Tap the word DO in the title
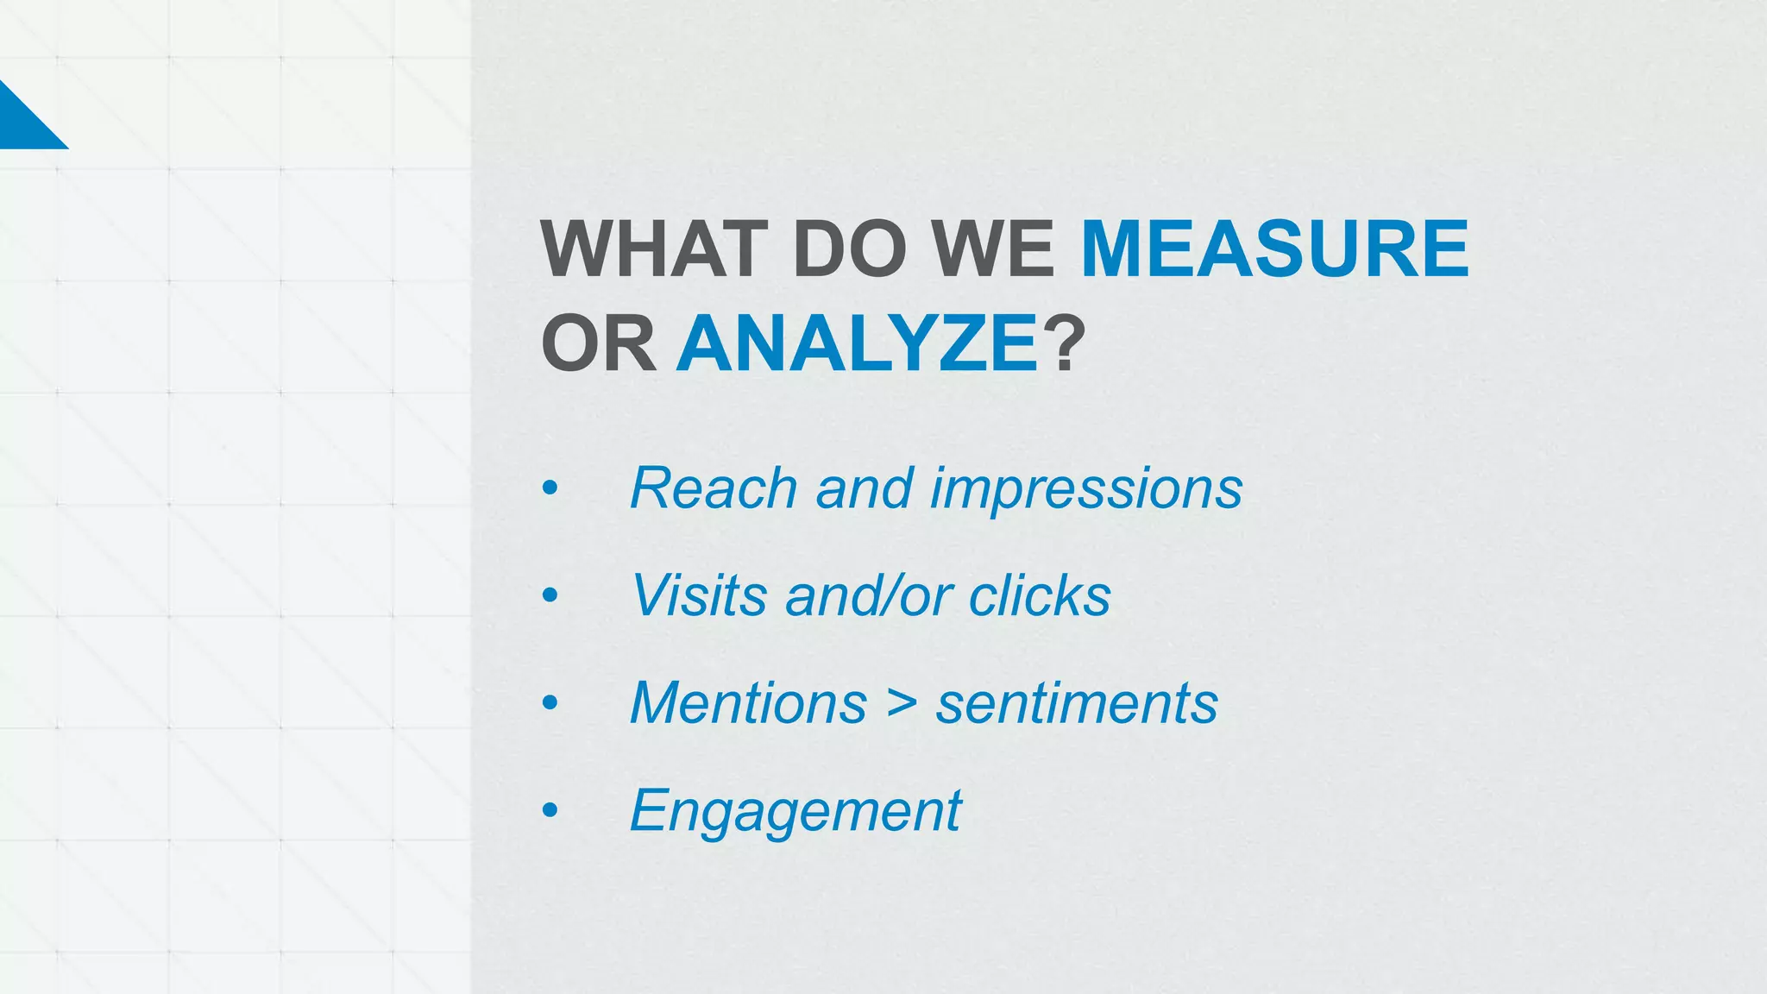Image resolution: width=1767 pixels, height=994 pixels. pos(849,249)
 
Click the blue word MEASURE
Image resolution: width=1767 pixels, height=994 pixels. pos(1274,249)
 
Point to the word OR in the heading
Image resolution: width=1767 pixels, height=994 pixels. pos(598,344)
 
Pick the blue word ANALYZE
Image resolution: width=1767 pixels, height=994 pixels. pos(857,344)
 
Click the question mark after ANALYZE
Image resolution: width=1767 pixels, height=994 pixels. pos(1063,344)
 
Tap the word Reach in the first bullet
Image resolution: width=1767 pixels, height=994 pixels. pos(714,488)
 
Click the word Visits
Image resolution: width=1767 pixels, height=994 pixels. pos(699,595)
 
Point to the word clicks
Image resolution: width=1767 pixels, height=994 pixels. pos(1040,595)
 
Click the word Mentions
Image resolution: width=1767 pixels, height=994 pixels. pos(748,703)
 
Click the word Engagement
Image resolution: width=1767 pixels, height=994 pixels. pos(795,812)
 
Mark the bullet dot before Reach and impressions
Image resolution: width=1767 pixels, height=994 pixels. pos(550,489)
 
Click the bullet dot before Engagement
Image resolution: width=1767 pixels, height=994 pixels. pos(550,811)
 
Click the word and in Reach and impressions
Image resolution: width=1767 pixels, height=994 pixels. pos(864,488)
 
